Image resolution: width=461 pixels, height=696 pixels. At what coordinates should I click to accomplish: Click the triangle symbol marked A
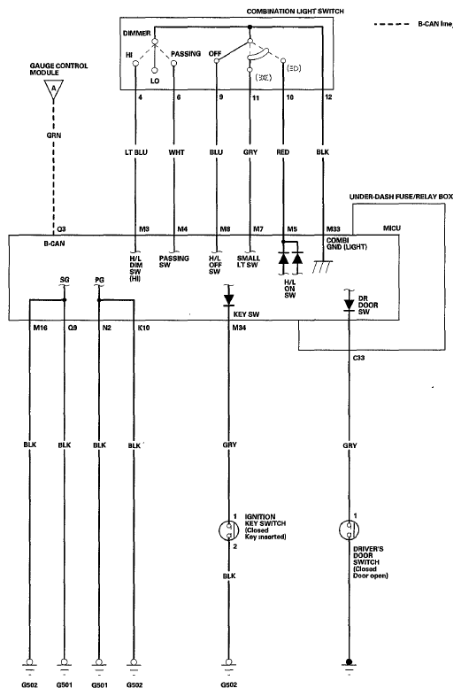pyautogui.click(x=54, y=89)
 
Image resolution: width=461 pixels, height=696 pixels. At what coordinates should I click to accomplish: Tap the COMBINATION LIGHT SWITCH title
pyautogui.click(x=295, y=11)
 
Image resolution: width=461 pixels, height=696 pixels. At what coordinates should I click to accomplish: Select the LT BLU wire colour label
pyautogui.click(x=135, y=152)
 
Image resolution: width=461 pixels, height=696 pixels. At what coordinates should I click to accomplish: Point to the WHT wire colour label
pyautogui.click(x=176, y=152)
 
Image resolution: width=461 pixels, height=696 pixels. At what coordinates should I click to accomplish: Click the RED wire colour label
pyautogui.click(x=282, y=152)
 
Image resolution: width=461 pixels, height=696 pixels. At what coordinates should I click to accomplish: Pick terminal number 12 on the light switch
pyautogui.click(x=328, y=97)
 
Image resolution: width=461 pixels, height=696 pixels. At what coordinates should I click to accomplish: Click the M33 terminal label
pyautogui.click(x=334, y=229)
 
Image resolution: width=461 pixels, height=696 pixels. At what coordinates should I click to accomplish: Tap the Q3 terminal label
pyautogui.click(x=61, y=229)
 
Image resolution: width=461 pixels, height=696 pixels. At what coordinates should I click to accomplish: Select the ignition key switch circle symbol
pyautogui.click(x=229, y=530)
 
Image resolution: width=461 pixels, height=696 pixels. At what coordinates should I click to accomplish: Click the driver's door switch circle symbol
pyautogui.click(x=349, y=530)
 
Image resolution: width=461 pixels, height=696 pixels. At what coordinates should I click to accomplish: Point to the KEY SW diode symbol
pyautogui.click(x=228, y=298)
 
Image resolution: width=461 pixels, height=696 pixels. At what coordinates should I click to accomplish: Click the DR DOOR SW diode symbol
pyautogui.click(x=349, y=303)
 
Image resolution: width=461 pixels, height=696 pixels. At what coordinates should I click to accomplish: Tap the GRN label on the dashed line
pyautogui.click(x=54, y=135)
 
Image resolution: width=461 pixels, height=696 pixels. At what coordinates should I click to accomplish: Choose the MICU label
pyautogui.click(x=392, y=228)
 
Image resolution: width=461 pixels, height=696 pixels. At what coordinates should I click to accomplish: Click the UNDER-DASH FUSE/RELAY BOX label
pyautogui.click(x=401, y=197)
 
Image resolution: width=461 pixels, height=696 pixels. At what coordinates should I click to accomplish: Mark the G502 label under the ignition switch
pyautogui.click(x=229, y=684)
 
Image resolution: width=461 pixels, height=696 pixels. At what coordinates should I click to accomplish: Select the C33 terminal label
pyautogui.click(x=358, y=358)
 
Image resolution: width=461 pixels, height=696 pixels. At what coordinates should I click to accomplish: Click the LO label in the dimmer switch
pyautogui.click(x=155, y=81)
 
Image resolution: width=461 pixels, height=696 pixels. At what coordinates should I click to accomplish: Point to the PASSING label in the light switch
pyautogui.click(x=186, y=54)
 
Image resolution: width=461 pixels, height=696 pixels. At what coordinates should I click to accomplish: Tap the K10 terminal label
pyautogui.click(x=143, y=328)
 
